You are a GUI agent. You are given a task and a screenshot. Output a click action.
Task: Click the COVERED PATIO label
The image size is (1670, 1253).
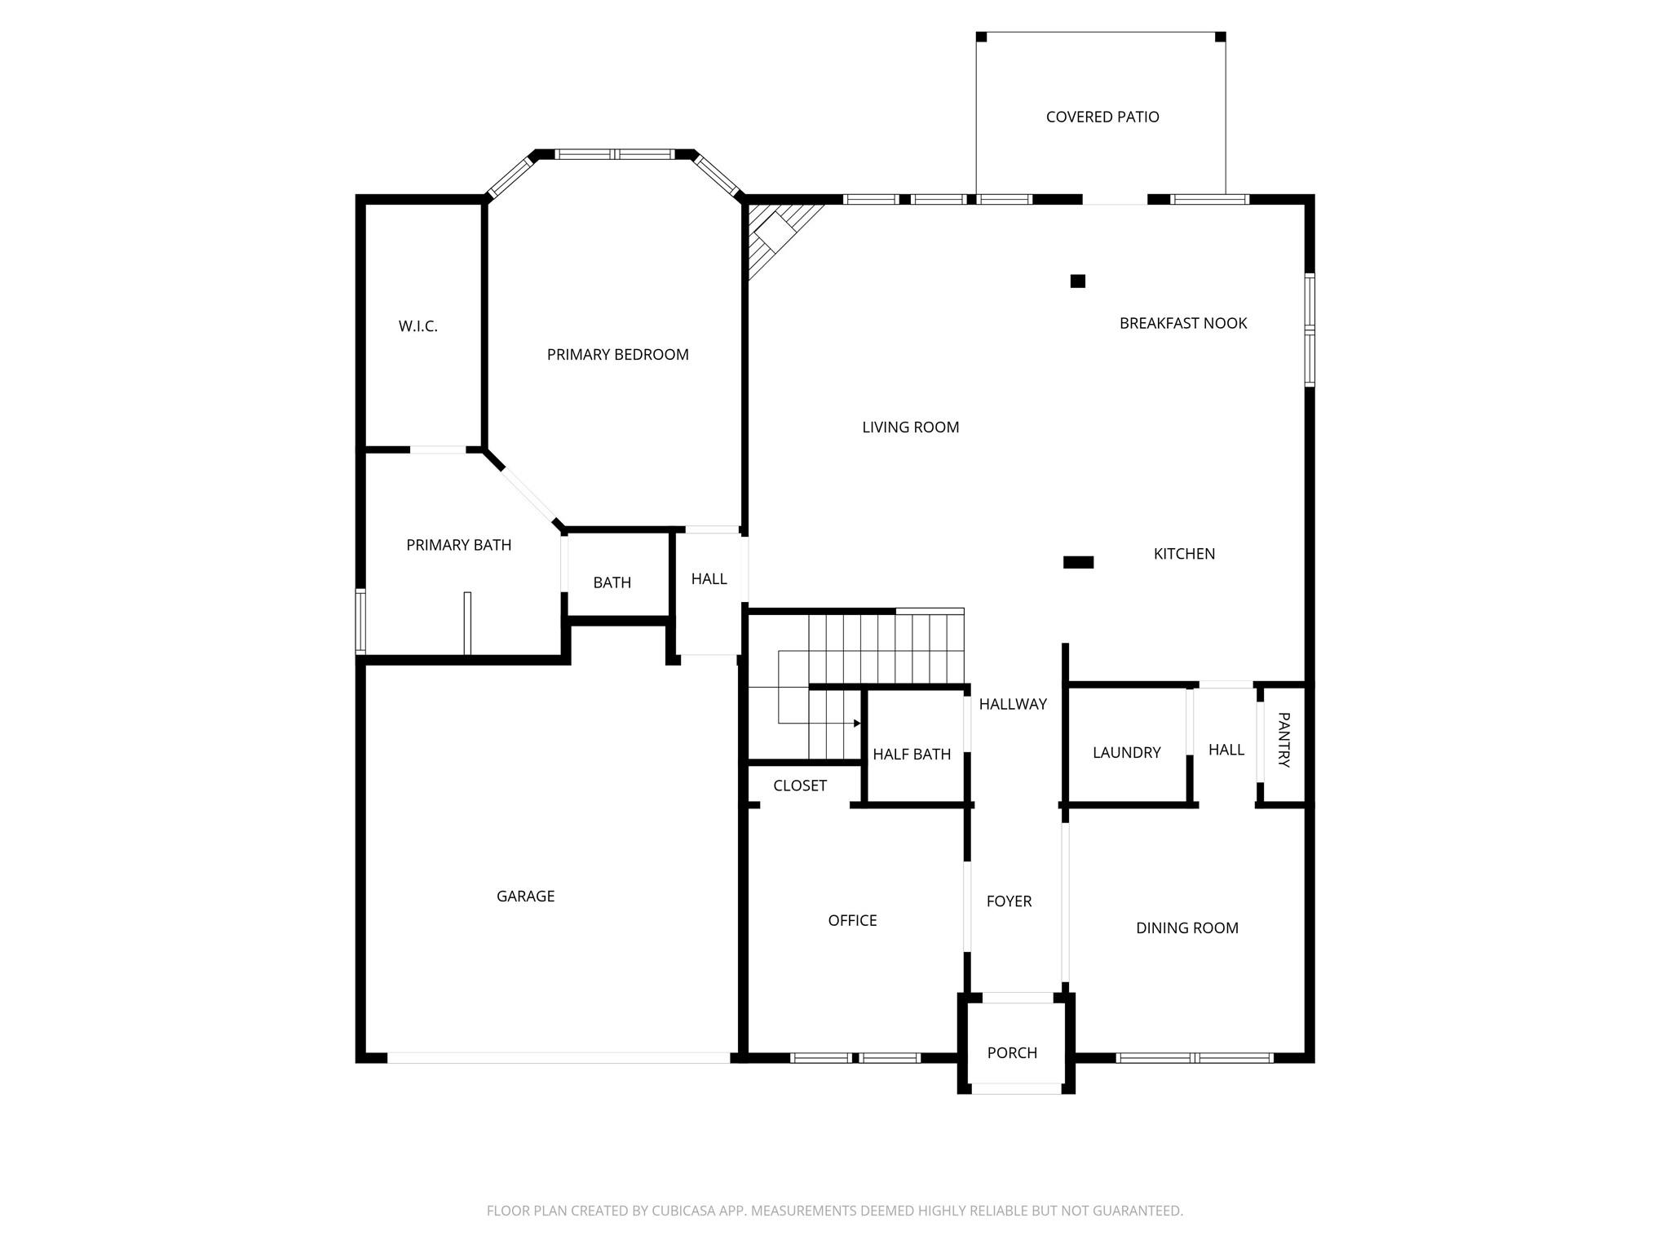[1102, 117]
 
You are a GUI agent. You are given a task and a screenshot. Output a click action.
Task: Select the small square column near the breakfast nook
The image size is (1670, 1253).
[1077, 281]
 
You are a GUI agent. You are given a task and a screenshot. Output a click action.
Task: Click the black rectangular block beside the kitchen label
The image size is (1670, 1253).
[1078, 562]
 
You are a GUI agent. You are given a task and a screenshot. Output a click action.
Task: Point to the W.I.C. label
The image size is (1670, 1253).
[417, 326]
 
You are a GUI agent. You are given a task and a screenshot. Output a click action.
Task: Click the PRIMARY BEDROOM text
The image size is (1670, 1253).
[617, 354]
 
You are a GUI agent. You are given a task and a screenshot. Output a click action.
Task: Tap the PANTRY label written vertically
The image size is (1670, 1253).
[1283, 740]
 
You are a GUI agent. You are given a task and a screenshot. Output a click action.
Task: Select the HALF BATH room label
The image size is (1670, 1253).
[912, 755]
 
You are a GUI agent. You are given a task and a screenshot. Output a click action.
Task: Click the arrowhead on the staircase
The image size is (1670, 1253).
[856, 724]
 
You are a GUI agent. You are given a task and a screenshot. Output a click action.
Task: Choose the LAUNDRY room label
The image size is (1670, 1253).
[1126, 752]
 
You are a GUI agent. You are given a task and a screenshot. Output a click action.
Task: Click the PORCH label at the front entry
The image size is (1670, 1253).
[1012, 1052]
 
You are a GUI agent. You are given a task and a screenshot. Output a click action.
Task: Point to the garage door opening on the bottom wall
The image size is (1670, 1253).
[558, 1058]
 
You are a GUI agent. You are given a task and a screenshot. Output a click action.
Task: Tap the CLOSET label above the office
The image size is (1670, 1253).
[800, 786]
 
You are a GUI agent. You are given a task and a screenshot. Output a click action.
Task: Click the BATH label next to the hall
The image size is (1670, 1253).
[612, 582]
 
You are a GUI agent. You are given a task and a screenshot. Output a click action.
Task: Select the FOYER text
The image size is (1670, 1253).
[1009, 901]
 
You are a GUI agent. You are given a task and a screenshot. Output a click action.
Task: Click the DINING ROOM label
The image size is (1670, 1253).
[1186, 928]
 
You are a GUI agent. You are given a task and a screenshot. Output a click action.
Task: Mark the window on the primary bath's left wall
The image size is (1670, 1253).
[360, 621]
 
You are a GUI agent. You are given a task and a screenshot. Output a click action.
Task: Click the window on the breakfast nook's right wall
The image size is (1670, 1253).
[1310, 330]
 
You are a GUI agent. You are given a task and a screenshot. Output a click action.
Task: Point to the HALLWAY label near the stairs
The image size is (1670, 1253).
[1013, 704]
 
